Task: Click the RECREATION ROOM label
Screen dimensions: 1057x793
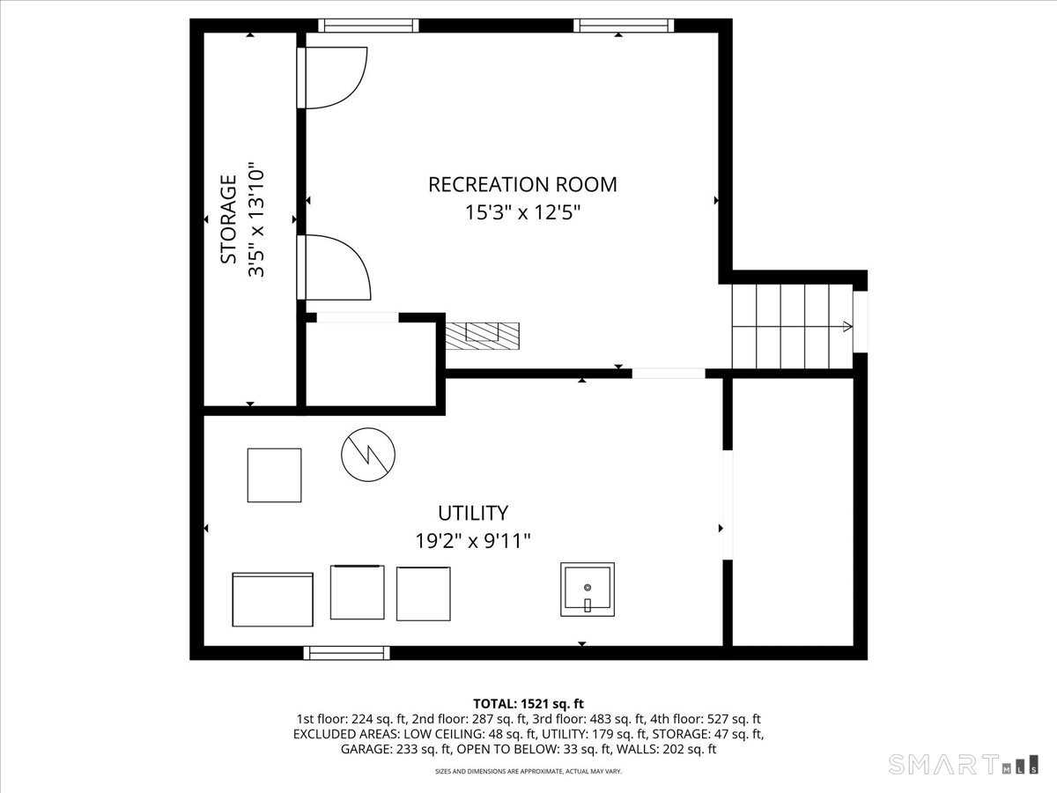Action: [522, 184]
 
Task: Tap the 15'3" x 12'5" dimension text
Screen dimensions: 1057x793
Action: [522, 212]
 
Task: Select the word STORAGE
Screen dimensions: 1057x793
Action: [228, 219]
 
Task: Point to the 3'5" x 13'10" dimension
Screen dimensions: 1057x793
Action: [256, 223]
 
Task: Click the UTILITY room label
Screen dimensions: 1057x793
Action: [473, 514]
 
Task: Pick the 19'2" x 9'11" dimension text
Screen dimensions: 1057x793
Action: [473, 541]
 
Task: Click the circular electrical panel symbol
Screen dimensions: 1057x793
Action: [368, 455]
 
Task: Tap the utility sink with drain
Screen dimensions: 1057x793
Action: [588, 589]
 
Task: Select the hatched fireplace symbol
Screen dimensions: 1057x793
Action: [483, 336]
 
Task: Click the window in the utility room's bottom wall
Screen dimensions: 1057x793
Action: [347, 653]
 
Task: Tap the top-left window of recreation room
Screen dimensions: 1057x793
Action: [368, 26]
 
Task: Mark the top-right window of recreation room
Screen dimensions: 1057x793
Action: [624, 26]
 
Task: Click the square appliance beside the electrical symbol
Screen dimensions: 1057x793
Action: [275, 475]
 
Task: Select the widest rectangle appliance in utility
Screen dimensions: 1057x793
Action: [272, 599]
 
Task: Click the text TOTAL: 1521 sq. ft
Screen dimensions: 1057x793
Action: [528, 704]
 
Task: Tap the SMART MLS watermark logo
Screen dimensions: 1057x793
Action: [963, 764]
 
